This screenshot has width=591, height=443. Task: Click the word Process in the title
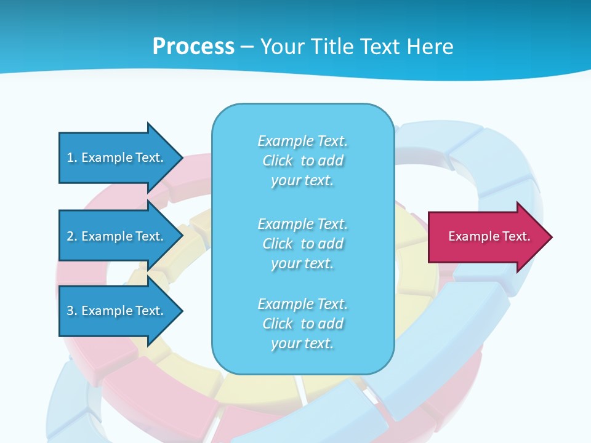click(x=193, y=47)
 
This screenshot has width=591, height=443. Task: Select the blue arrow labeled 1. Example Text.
click(x=117, y=158)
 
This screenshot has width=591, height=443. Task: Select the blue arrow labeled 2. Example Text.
click(x=117, y=236)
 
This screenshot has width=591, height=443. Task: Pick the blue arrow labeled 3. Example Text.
click(x=117, y=311)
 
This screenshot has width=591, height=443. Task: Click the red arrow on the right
click(x=486, y=237)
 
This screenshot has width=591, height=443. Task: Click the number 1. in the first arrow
click(x=72, y=158)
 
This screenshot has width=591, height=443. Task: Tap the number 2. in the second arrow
click(x=72, y=236)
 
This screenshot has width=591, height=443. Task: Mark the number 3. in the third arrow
click(x=72, y=311)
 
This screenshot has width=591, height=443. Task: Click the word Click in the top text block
click(x=278, y=161)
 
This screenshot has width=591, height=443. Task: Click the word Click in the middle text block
click(x=278, y=244)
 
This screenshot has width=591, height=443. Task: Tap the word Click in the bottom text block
click(x=278, y=324)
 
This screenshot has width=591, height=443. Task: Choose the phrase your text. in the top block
click(x=302, y=180)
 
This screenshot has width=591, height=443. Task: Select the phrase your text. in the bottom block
click(x=302, y=343)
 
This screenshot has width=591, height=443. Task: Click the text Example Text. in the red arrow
click(x=489, y=236)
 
